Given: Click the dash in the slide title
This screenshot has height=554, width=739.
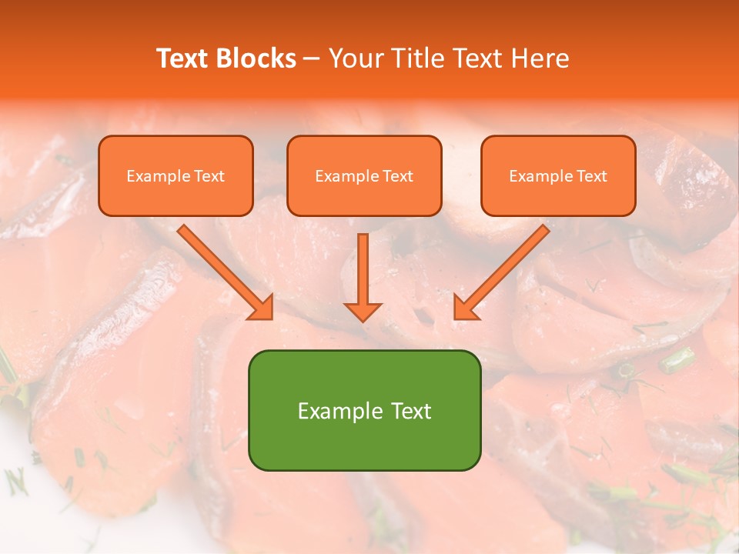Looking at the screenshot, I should click(312, 58).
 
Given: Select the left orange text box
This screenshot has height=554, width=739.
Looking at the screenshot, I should click(176, 175).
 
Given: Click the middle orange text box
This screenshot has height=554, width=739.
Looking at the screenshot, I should click(364, 175).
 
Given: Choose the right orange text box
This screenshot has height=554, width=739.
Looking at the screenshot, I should click(558, 175).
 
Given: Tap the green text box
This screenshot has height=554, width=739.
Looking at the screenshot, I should click(364, 410).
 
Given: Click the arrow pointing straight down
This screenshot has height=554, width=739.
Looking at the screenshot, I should click(363, 277).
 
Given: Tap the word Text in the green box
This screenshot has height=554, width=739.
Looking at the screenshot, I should click(411, 411).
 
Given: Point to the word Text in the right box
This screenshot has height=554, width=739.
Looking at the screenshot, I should click(592, 176).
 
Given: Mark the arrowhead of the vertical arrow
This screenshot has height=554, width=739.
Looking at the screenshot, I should click(363, 311).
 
